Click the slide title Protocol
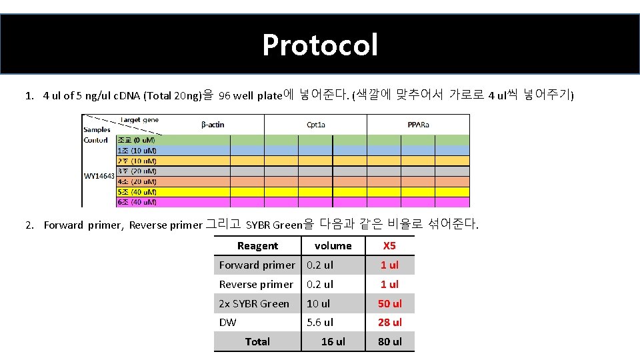click(320, 45)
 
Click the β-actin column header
click(213, 125)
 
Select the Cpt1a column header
click(316, 125)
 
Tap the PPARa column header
click(419, 125)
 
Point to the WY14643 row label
click(99, 176)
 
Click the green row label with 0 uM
click(136, 140)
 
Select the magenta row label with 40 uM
click(137, 202)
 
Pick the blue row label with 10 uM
click(137, 151)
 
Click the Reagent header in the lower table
click(257, 246)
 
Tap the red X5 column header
click(389, 246)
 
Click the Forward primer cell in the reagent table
click(257, 265)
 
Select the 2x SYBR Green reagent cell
click(254, 304)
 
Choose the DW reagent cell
click(228, 323)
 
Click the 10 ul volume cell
click(318, 304)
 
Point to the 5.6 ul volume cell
click(320, 323)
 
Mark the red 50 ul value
click(390, 304)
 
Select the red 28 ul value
click(390, 323)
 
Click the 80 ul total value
click(390, 342)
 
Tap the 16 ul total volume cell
click(333, 342)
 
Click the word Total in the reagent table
click(257, 342)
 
